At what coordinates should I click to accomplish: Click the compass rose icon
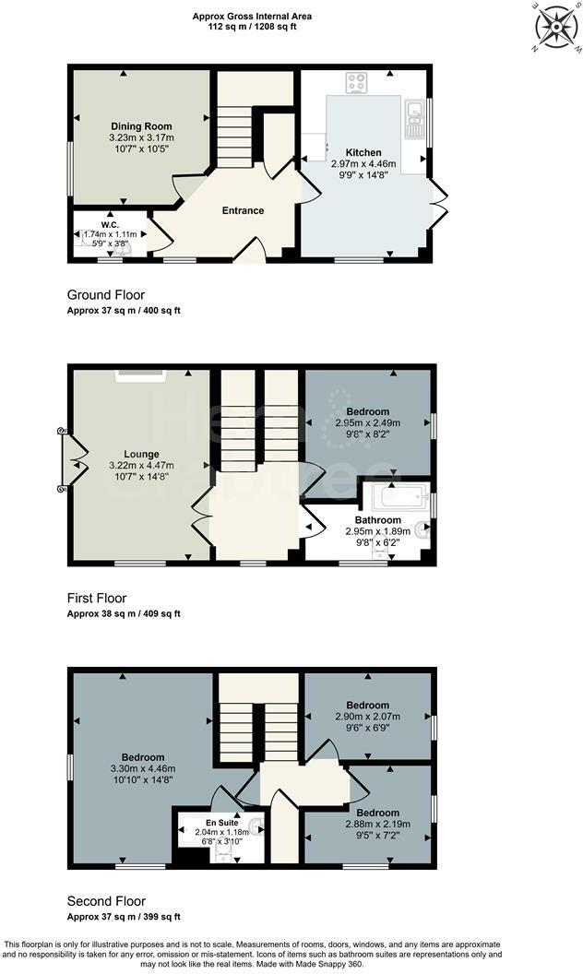pyautogui.click(x=557, y=26)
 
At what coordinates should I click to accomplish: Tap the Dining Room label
pyautogui.click(x=141, y=126)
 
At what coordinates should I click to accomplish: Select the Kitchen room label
pyautogui.click(x=363, y=152)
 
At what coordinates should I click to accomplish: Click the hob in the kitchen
pyautogui.click(x=356, y=83)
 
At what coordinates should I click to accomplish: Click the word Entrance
pyautogui.click(x=243, y=210)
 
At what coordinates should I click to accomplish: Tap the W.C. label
pyautogui.click(x=109, y=225)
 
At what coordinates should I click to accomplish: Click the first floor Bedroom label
pyautogui.click(x=368, y=411)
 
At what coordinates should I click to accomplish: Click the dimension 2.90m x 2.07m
pyautogui.click(x=368, y=717)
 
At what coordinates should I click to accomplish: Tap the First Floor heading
pyautogui.click(x=97, y=598)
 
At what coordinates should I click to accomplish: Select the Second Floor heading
pyautogui.click(x=106, y=901)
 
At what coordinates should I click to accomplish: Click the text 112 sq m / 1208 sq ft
pyautogui.click(x=252, y=27)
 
